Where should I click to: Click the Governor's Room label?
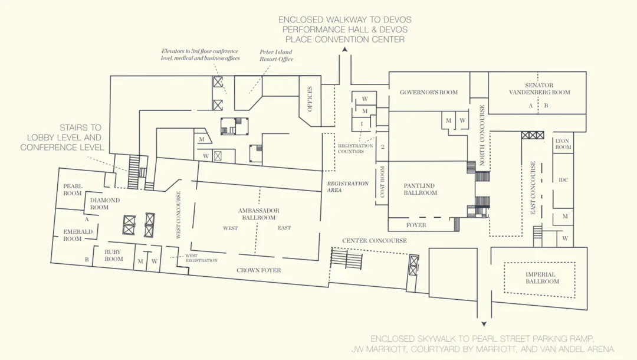pyautogui.click(x=429, y=92)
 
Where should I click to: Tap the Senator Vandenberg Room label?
pyautogui.click(x=539, y=89)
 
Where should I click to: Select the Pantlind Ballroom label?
pyautogui.click(x=420, y=189)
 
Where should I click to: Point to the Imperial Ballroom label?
pyautogui.click(x=542, y=277)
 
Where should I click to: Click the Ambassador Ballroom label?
pyautogui.click(x=259, y=214)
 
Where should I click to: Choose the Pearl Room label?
pyautogui.click(x=73, y=190)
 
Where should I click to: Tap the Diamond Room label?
pyautogui.click(x=105, y=204)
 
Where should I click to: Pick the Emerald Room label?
pyautogui.click(x=78, y=235)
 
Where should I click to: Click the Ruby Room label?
pyautogui.click(x=113, y=255)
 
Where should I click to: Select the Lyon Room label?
pyautogui.click(x=563, y=144)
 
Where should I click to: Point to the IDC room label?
pyautogui.click(x=563, y=179)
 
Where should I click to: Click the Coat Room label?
pyautogui.click(x=382, y=182)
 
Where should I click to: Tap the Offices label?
pyautogui.click(x=310, y=99)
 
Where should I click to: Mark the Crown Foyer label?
pyautogui.click(x=259, y=270)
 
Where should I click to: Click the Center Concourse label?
pyautogui.click(x=374, y=241)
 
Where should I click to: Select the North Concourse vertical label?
pyautogui.click(x=482, y=135)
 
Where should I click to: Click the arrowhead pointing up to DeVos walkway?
pyautogui.click(x=344, y=49)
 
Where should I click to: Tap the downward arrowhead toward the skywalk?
pyautogui.click(x=484, y=324)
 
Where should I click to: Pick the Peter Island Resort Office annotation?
pyautogui.click(x=276, y=55)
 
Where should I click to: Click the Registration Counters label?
pyautogui.click(x=356, y=148)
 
